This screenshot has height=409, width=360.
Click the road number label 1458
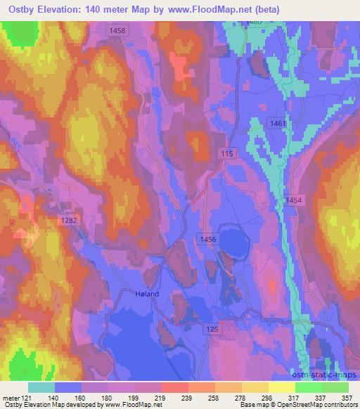117,31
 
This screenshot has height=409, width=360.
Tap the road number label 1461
278,124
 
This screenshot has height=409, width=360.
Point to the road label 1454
294,201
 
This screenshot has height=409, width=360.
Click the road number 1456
207,240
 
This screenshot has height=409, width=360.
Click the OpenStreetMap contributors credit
321,404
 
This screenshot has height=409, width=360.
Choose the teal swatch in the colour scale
42,387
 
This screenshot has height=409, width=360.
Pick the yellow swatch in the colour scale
281,387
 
